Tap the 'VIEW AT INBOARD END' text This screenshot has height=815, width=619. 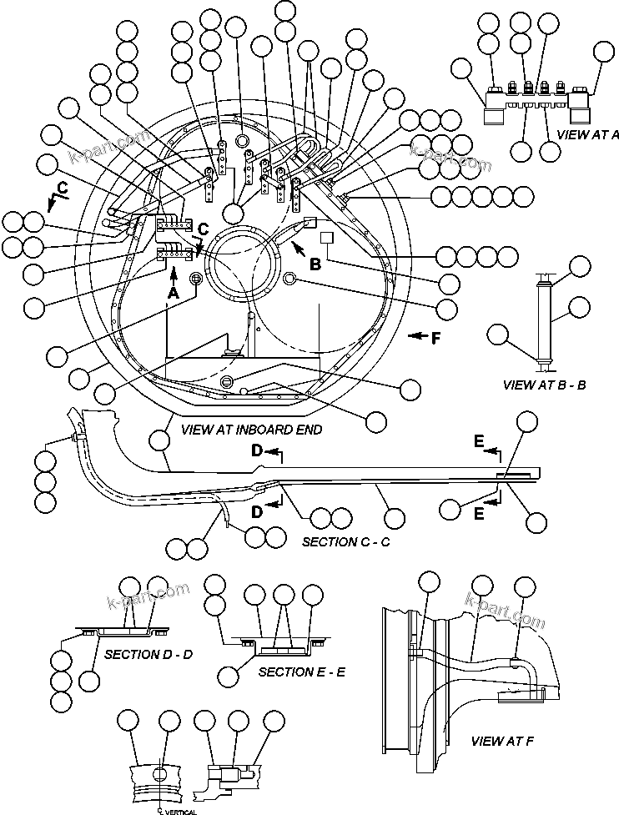click(239, 430)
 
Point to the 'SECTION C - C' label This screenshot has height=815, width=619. click(345, 541)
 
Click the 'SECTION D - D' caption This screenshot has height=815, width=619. click(148, 654)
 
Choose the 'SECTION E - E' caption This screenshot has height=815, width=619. click(302, 672)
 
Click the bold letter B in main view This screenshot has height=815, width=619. click(315, 264)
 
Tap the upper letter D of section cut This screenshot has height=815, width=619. click(259, 451)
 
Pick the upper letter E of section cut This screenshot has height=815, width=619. click(480, 442)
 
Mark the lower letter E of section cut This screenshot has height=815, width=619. click(480, 515)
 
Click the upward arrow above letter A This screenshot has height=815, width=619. click(174, 273)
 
